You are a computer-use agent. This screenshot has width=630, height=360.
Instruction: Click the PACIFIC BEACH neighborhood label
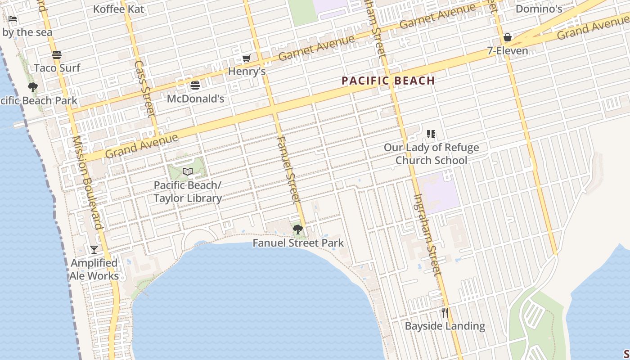(388, 81)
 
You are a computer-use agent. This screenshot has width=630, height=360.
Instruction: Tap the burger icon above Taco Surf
(57, 55)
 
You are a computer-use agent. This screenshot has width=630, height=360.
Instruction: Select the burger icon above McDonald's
(195, 85)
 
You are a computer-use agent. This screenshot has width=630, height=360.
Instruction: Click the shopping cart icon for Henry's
(246, 58)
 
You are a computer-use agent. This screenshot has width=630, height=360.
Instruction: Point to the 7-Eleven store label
(508, 51)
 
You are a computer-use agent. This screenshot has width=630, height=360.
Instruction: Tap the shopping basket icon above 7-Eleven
(508, 37)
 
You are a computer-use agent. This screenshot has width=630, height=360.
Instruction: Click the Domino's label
(539, 9)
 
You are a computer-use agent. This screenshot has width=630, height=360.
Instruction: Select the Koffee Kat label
(118, 9)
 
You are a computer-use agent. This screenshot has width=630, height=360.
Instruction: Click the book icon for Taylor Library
(188, 171)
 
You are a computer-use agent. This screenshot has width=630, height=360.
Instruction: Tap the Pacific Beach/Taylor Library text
(188, 192)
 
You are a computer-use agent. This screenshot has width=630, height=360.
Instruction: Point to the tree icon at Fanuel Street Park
(297, 229)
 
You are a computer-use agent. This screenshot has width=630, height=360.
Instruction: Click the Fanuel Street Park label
(298, 243)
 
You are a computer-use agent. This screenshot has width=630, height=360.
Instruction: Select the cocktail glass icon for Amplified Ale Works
(94, 250)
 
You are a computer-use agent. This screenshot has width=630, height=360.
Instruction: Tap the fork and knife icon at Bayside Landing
(445, 313)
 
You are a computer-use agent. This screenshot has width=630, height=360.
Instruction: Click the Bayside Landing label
(445, 326)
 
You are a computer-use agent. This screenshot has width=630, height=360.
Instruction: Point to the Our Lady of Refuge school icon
(431, 134)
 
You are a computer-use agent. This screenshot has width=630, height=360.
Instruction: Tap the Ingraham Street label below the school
(428, 234)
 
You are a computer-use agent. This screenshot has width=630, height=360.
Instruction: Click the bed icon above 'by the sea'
(13, 19)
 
